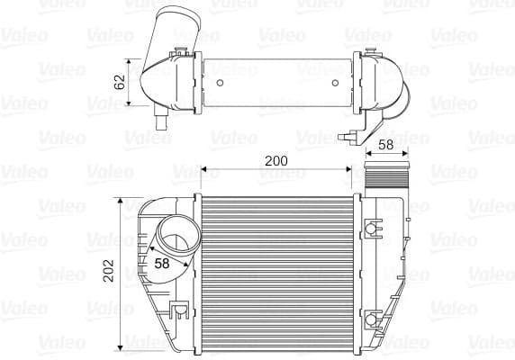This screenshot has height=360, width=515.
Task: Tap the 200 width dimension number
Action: [276, 160]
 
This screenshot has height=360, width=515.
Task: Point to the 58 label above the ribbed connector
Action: [385, 145]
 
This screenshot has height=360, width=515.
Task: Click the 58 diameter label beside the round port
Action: [163, 264]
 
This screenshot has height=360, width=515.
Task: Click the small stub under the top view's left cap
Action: [163, 121]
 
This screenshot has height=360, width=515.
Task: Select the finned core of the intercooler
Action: [279, 270]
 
